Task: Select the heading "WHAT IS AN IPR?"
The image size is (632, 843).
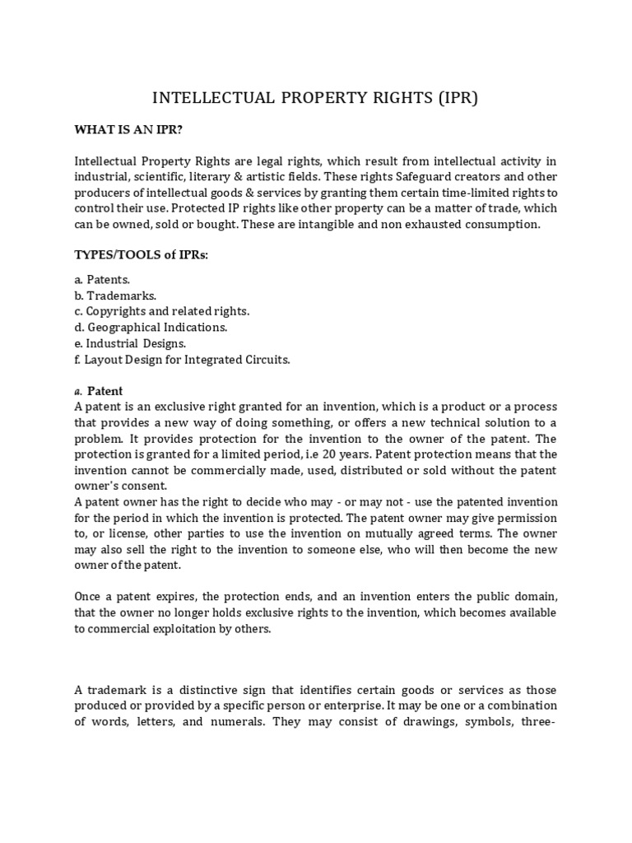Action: pos(128,130)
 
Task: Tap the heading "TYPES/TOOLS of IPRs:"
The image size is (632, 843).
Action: pos(141,255)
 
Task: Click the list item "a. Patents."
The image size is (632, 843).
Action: pos(102,280)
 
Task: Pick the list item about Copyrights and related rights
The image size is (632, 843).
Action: pos(161,311)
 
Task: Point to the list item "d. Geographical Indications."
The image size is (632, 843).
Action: pos(151,327)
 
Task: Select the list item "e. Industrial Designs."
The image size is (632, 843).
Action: pos(130,343)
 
